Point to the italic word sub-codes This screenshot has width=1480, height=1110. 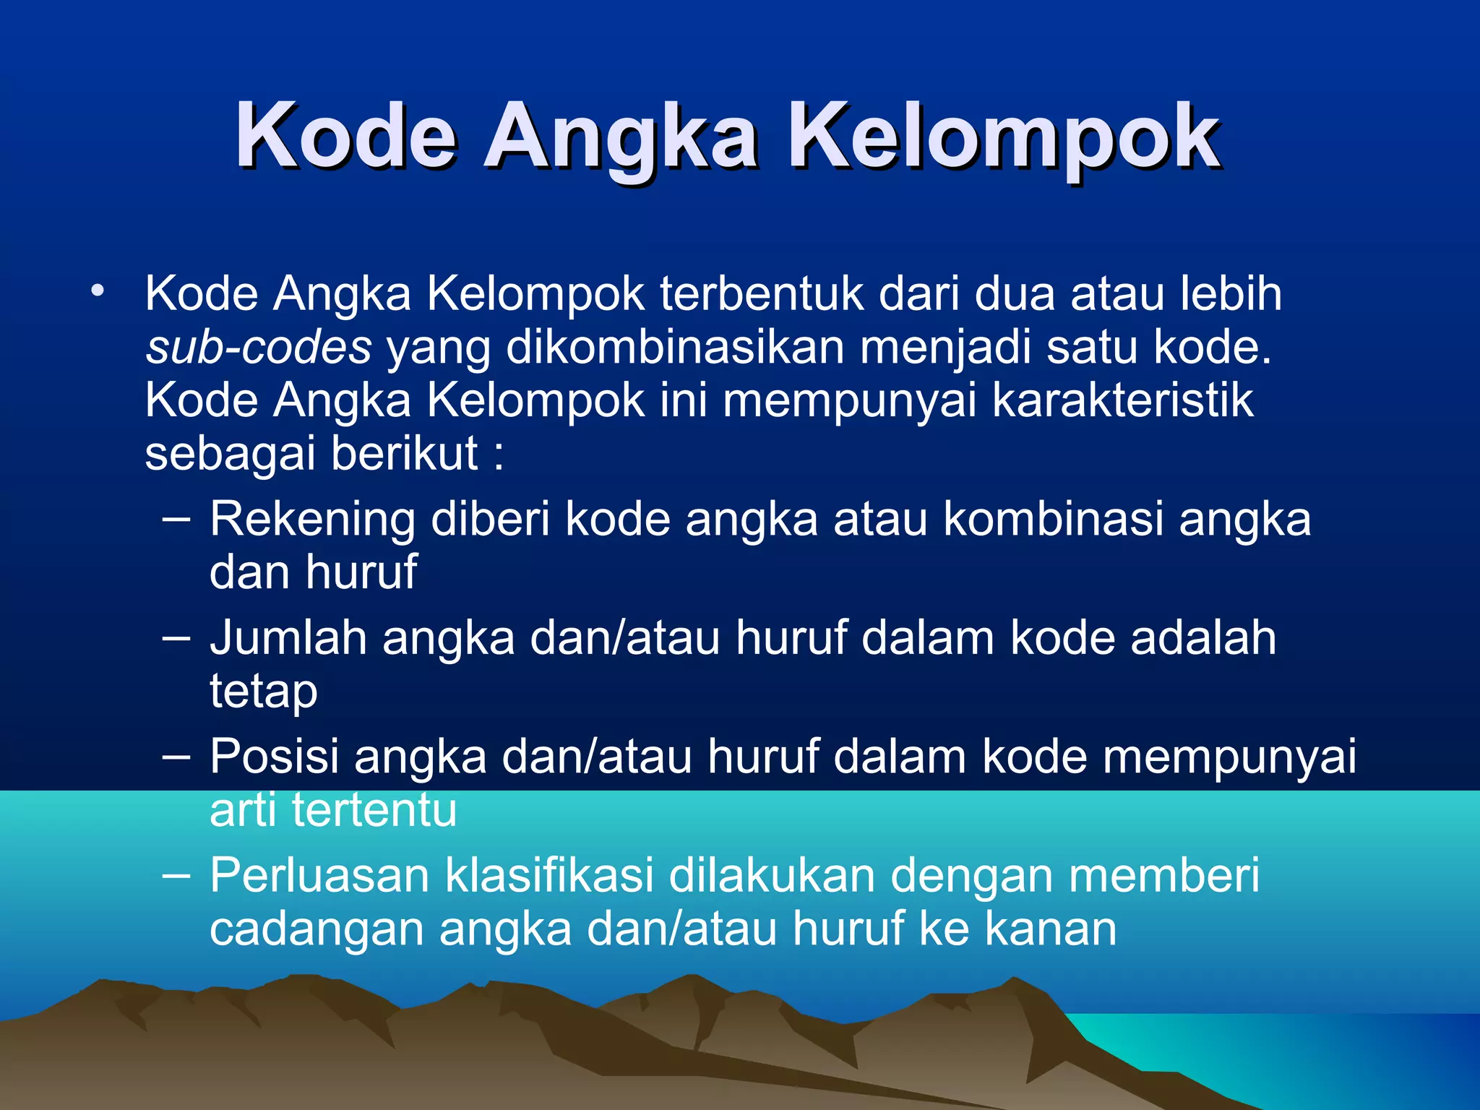258,347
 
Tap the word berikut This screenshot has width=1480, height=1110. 405,454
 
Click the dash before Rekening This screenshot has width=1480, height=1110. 176,518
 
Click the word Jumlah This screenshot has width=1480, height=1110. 288,638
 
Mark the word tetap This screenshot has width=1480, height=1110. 263,692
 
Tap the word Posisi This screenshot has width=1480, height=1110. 274,757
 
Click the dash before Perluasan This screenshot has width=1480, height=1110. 176,875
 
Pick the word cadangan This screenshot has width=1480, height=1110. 317,929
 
